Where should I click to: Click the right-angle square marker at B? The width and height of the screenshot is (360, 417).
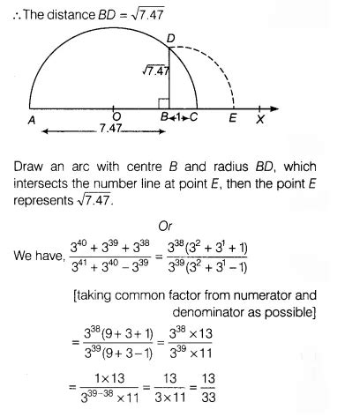click(x=163, y=103)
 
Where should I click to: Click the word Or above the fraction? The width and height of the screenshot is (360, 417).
click(x=164, y=227)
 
